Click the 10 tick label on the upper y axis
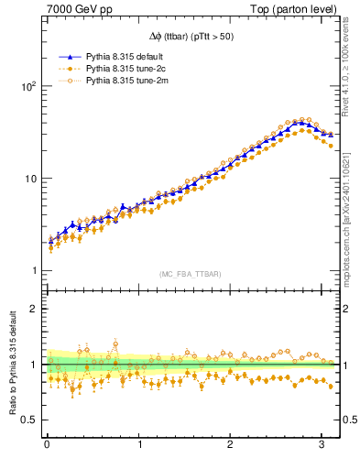28,179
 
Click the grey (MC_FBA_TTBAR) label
189,272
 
